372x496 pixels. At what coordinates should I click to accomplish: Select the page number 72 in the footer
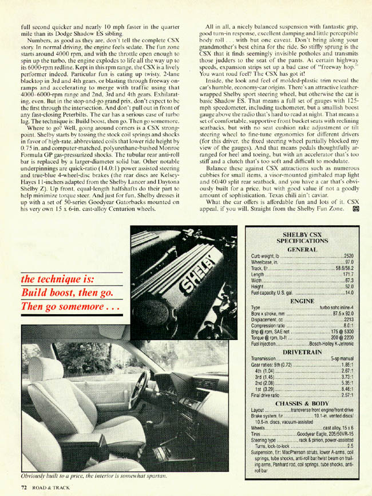[x=24, y=487]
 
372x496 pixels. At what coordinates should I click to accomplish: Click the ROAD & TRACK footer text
[x=52, y=487]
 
